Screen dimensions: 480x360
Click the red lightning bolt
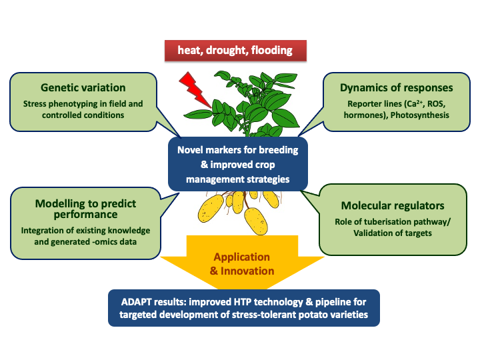click(194, 90)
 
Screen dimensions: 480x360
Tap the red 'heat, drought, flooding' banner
click(235, 51)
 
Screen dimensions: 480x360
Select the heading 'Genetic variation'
click(83, 87)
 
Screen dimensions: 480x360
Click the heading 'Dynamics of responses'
click(397, 87)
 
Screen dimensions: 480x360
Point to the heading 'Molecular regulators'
click(393, 205)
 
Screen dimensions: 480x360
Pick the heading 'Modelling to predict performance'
click(85, 209)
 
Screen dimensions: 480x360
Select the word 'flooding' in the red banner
click(272, 50)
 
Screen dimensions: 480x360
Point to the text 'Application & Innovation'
click(242, 263)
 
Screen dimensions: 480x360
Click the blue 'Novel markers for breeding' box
click(238, 164)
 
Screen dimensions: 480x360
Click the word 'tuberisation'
click(389, 221)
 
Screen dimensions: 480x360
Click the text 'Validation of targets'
click(393, 233)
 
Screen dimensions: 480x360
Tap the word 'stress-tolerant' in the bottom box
click(264, 315)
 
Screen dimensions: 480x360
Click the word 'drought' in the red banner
click(227, 50)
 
